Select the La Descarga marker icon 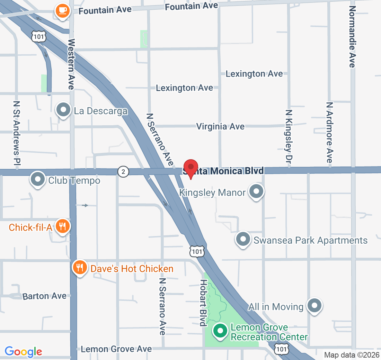[x=63, y=110]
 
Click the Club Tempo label [x=74, y=180]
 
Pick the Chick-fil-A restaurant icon [x=63, y=227]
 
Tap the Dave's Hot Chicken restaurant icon [x=80, y=268]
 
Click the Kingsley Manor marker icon [x=257, y=191]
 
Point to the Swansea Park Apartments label [x=310, y=240]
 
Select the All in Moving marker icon [x=315, y=305]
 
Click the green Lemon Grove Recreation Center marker [x=220, y=331]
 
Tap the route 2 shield [x=123, y=171]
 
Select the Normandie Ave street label [x=352, y=36]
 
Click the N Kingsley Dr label [x=289, y=136]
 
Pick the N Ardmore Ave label [x=329, y=132]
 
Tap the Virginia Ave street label [x=220, y=127]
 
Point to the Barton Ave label [x=44, y=296]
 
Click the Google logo [x=24, y=351]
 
